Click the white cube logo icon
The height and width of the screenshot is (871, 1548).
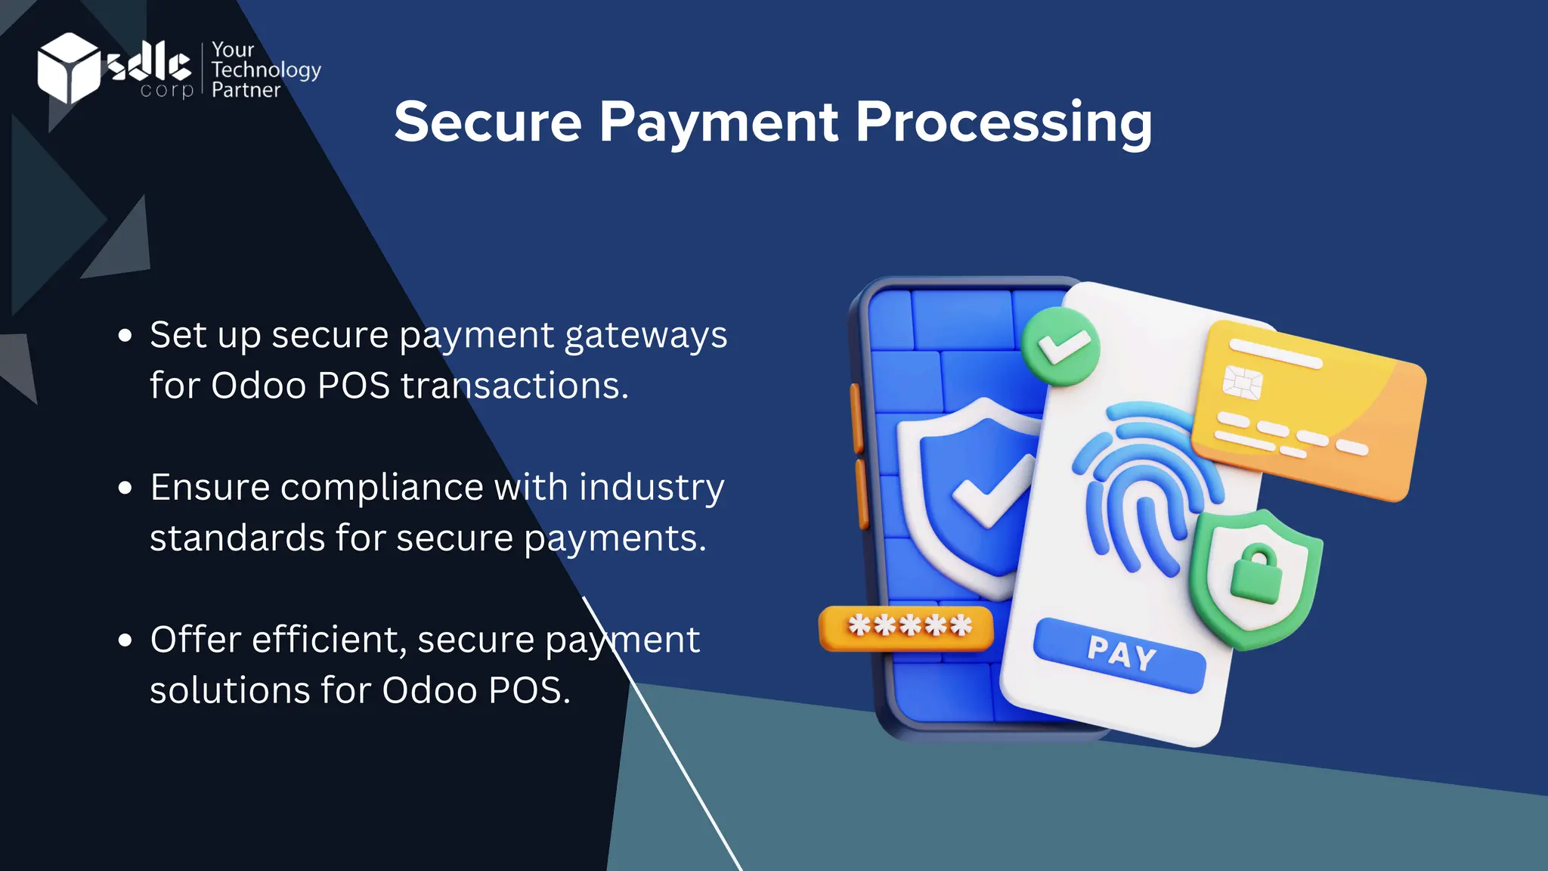(68, 67)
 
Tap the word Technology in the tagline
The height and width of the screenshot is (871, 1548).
(266, 70)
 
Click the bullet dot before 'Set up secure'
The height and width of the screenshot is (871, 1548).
(125, 335)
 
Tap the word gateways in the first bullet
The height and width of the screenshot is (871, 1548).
(646, 335)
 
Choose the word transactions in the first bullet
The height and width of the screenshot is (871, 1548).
(514, 386)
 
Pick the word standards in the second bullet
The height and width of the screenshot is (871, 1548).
(237, 538)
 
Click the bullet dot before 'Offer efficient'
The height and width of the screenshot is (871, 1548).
(125, 640)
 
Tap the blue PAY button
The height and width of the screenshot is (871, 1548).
(1119, 655)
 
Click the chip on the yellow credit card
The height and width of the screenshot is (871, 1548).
(1243, 382)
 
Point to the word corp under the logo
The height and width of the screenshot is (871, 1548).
(167, 91)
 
